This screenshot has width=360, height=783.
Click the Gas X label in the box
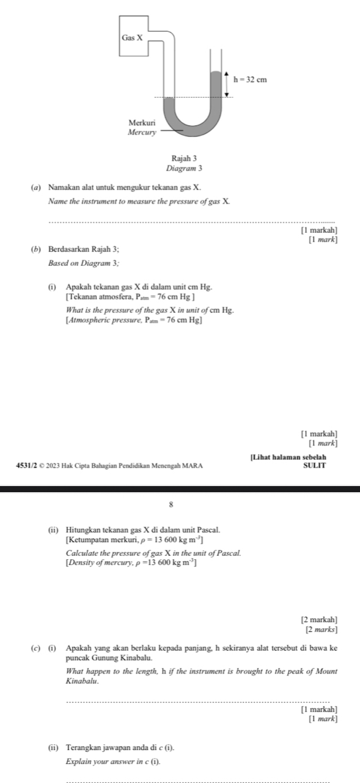click(x=132, y=37)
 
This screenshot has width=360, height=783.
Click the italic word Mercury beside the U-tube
click(x=142, y=131)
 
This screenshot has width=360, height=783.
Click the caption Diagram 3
click(x=179, y=167)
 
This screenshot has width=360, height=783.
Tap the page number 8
click(x=179, y=504)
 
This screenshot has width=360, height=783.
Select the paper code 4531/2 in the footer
click(x=12, y=466)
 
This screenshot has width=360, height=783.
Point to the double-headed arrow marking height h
click(x=227, y=83)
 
